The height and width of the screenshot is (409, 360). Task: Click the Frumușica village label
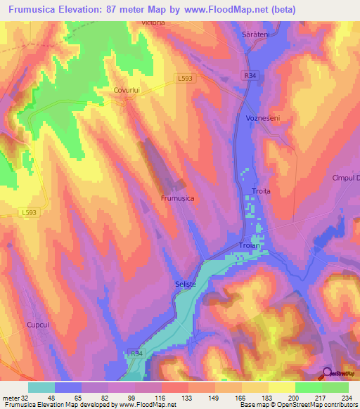(x=177, y=199)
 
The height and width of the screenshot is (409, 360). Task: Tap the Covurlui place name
(x=128, y=91)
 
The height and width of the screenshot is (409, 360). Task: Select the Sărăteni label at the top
(x=257, y=35)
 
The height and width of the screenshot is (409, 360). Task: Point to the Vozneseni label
(x=263, y=119)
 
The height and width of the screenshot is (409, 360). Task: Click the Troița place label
(x=261, y=191)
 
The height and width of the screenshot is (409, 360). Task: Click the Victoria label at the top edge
(x=152, y=22)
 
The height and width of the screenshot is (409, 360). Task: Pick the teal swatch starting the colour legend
(x=41, y=387)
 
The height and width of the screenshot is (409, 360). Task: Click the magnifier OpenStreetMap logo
(x=328, y=374)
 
